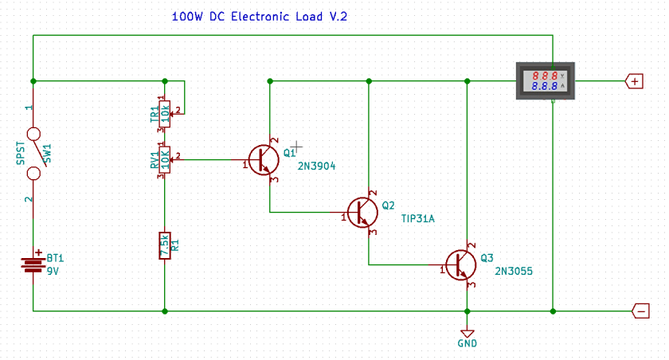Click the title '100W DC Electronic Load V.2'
tap(260, 17)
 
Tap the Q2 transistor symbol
tap(362, 212)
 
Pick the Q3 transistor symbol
tap(460, 264)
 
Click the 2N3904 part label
tap(316, 166)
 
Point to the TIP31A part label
tap(418, 218)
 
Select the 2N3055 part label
tap(514, 271)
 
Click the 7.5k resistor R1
tap(164, 245)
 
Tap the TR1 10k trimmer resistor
tap(164, 112)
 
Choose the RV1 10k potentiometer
tap(164, 159)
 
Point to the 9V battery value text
tap(53, 271)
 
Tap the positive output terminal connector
tap(635, 81)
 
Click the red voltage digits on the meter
tap(545, 75)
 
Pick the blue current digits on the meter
tap(545, 86)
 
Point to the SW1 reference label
tap(47, 152)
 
